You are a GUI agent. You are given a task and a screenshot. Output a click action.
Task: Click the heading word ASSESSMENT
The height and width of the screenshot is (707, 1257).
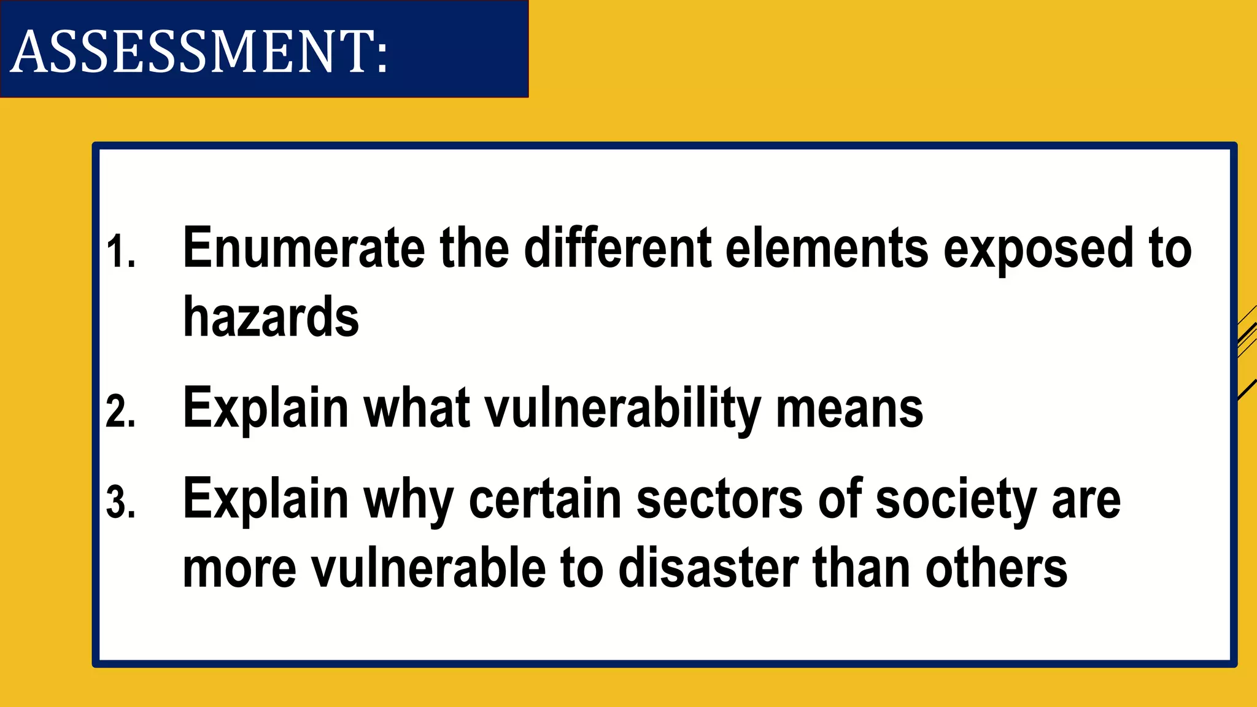[199, 52]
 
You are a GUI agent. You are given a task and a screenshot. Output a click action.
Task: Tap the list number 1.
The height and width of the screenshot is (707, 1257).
[120, 252]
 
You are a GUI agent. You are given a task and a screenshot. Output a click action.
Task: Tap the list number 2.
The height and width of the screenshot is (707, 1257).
[120, 411]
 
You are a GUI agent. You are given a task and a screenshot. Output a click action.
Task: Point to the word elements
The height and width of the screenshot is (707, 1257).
[827, 248]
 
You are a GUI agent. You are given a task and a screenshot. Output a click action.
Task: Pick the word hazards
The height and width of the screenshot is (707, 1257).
[271, 318]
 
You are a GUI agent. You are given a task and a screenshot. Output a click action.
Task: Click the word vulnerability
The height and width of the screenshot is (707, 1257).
[622, 410]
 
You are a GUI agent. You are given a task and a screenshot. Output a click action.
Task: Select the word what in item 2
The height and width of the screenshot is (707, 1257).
[417, 409]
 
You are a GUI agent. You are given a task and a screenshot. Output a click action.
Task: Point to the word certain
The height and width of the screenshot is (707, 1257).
[545, 500]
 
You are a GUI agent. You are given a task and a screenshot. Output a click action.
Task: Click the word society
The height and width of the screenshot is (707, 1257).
[956, 501]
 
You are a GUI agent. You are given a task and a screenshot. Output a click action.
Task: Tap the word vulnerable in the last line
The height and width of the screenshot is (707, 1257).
[428, 568]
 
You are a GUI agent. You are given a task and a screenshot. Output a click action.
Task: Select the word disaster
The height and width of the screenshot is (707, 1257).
[708, 568]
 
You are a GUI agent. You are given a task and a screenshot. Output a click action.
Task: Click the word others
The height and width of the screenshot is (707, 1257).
[996, 568]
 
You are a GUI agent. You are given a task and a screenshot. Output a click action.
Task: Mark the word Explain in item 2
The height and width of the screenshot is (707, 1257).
[266, 409]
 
